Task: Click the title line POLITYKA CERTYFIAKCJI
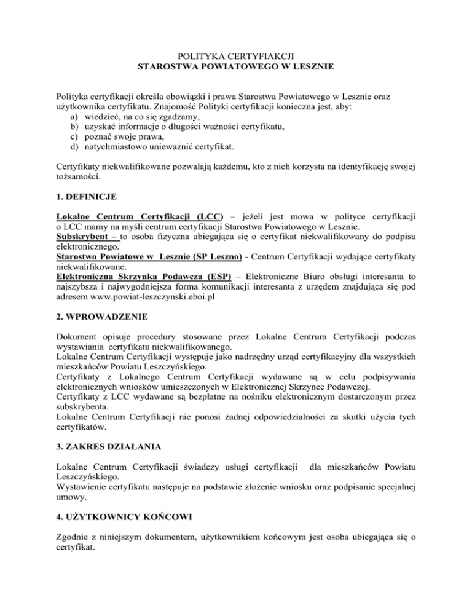tap(235, 55)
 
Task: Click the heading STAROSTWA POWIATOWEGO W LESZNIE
tap(235, 66)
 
